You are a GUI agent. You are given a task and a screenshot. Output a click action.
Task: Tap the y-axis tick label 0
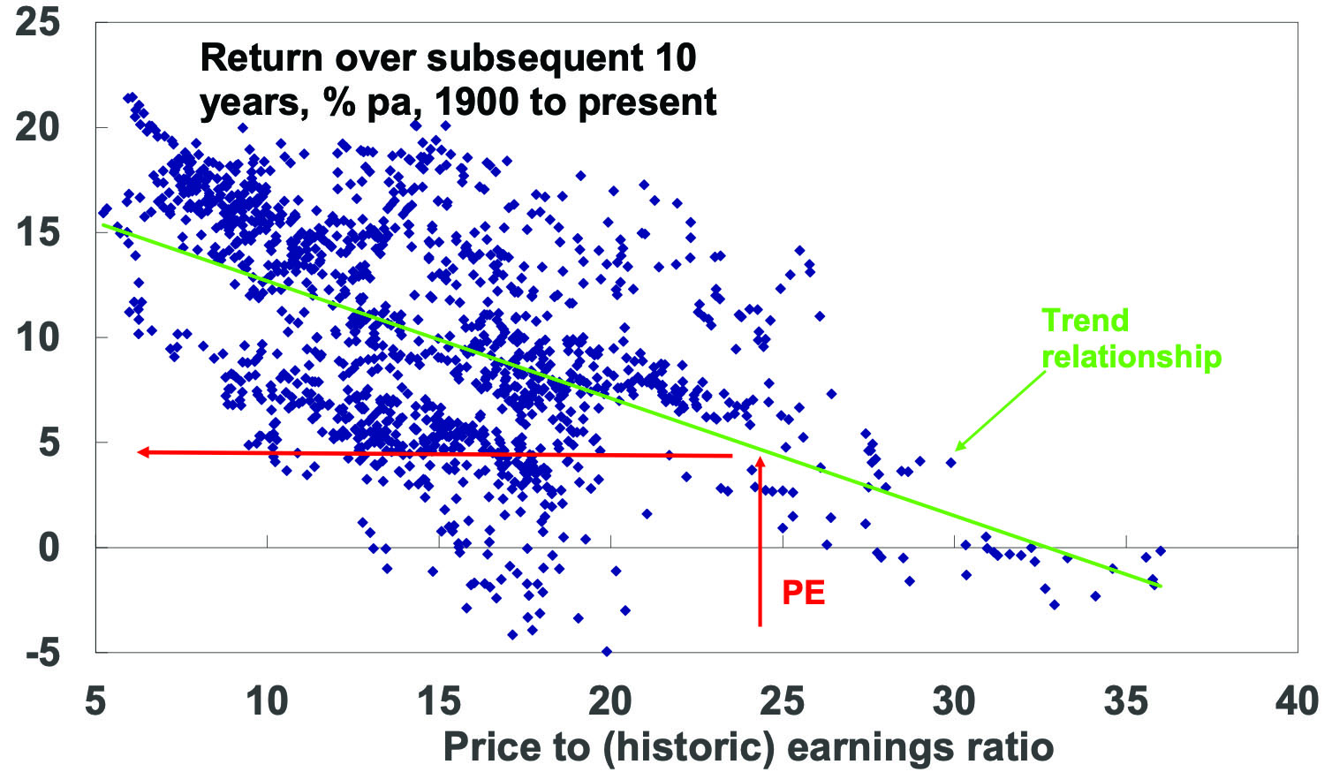click(49, 548)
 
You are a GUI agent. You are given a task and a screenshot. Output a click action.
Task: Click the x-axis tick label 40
click(1297, 701)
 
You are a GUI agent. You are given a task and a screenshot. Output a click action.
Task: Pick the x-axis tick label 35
click(1125, 701)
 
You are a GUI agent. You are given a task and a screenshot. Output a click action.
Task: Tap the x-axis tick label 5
click(95, 701)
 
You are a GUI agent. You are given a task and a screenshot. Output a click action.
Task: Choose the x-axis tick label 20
click(610, 701)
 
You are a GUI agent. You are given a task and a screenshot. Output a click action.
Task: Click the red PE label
click(803, 593)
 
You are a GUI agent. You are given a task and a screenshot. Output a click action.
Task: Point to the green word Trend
click(1085, 320)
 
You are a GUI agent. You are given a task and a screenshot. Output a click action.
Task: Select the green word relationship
click(1131, 356)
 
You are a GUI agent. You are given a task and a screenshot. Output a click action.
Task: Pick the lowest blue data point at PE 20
click(606, 651)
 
